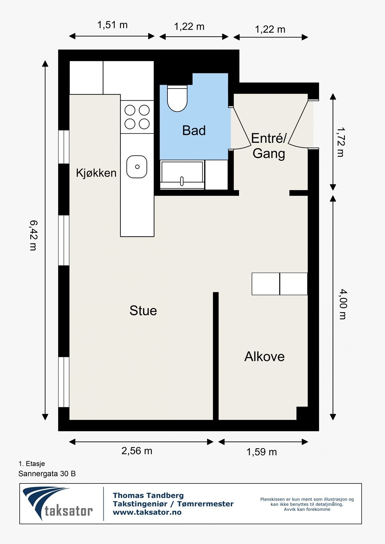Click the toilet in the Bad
tap(177, 99)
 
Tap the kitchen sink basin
tap(137, 167)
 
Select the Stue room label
tap(143, 310)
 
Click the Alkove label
tap(264, 356)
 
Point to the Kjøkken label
tap(96, 173)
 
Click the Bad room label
tap(194, 130)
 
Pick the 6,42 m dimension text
tap(33, 235)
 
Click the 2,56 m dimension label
tap(137, 451)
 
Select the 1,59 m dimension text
tap(261, 452)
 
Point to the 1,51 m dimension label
tap(112, 25)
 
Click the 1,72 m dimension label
tap(340, 142)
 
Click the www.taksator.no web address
tap(147, 512)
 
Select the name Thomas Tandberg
tap(148, 495)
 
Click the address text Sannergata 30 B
tap(47, 474)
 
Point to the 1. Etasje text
tap(32, 463)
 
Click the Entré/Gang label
tap(268, 146)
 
